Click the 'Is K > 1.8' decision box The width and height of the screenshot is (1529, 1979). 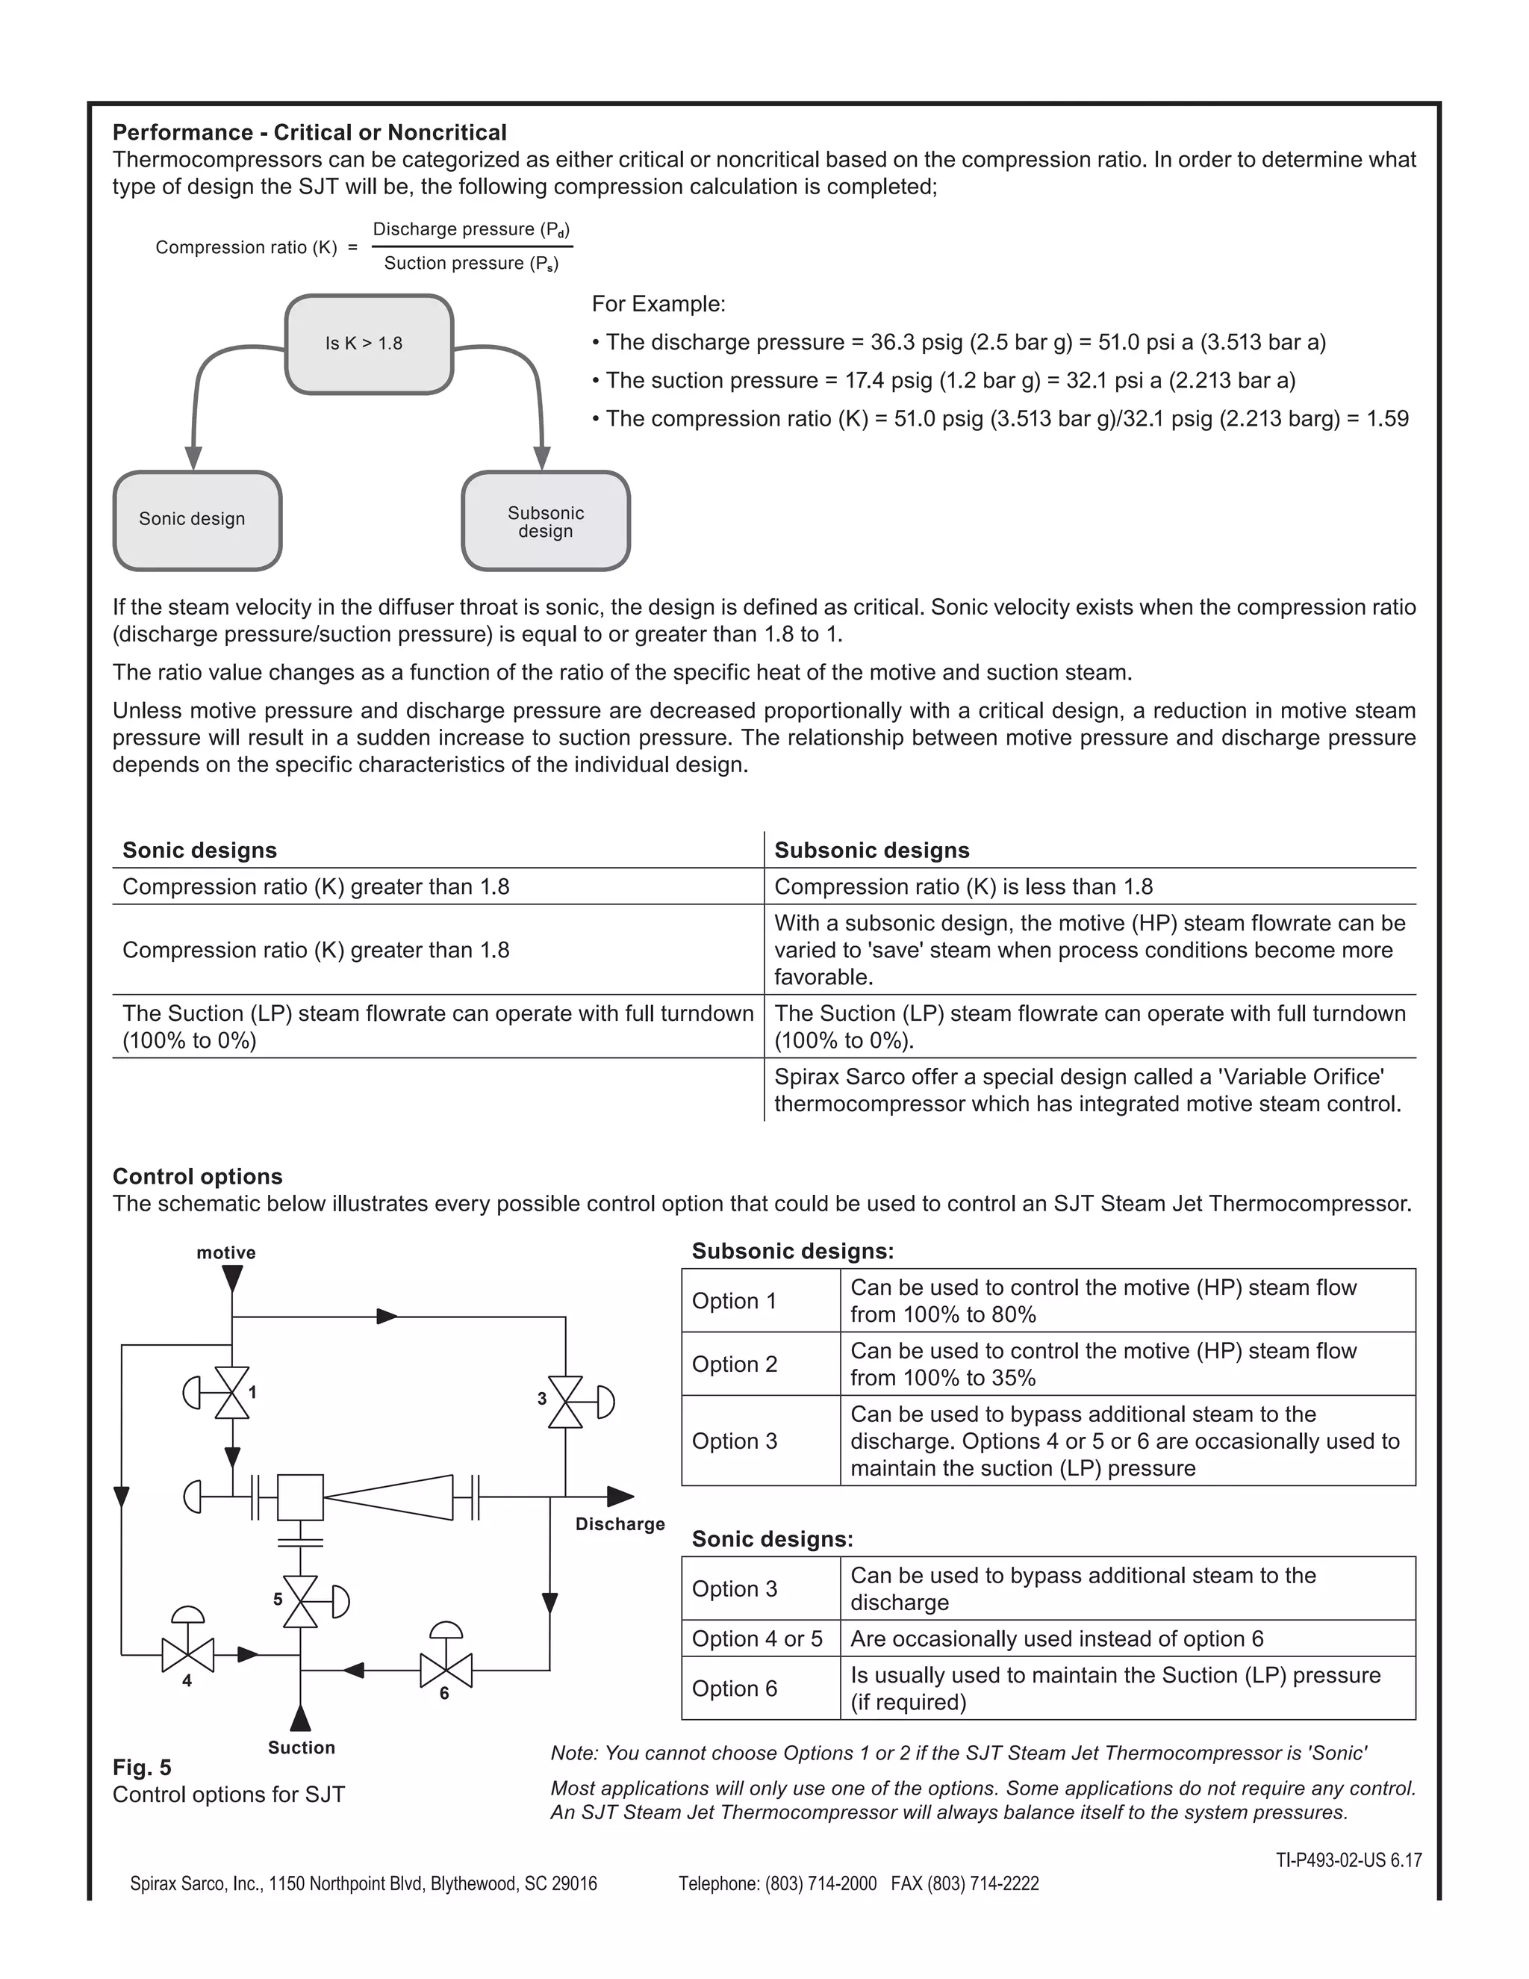(x=369, y=344)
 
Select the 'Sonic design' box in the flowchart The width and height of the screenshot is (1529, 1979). (x=196, y=519)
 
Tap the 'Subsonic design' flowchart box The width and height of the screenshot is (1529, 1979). (x=545, y=521)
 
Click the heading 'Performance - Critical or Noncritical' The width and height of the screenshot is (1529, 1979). (x=309, y=132)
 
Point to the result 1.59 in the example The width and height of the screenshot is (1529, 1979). (x=1387, y=419)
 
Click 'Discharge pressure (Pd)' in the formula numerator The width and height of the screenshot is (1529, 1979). (x=471, y=229)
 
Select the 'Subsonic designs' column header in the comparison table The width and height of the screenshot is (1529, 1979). (x=871, y=850)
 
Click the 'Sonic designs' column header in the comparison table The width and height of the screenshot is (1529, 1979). (x=199, y=850)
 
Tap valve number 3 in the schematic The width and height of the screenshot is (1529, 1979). (x=566, y=1402)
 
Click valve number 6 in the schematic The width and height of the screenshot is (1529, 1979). (x=446, y=1670)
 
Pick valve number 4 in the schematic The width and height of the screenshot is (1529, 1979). (x=187, y=1656)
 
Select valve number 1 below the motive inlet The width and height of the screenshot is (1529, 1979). (x=232, y=1393)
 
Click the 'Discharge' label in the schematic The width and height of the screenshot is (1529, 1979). (x=620, y=1524)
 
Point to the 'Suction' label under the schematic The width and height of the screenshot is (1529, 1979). (x=301, y=1748)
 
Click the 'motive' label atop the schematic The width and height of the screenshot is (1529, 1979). (x=225, y=1252)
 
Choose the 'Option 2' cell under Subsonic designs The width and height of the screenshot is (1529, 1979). (x=735, y=1364)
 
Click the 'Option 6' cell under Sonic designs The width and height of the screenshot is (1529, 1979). (x=735, y=1688)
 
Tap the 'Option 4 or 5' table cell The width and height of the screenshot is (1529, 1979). (x=757, y=1638)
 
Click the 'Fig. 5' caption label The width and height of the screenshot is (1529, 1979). (x=141, y=1767)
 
